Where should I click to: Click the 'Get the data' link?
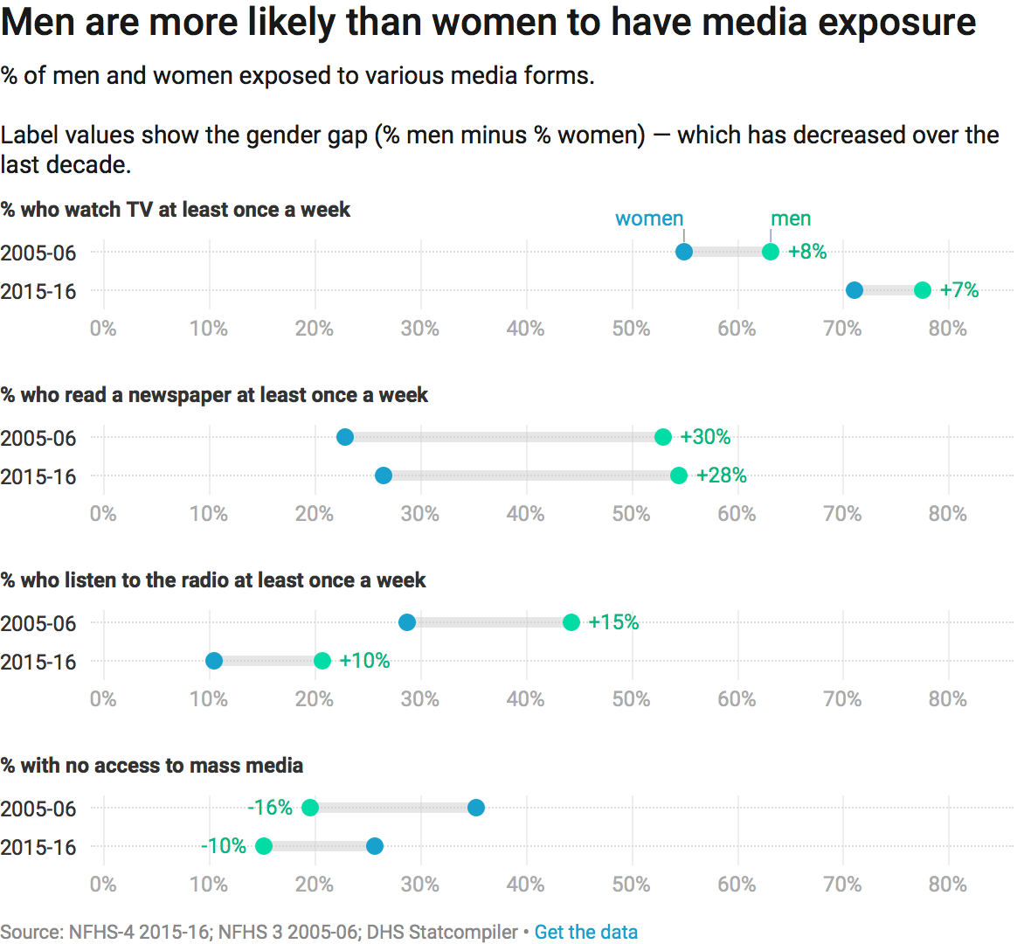(585, 932)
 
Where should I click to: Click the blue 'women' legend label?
(649, 219)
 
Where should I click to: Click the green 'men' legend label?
(791, 219)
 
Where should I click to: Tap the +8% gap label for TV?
(807, 252)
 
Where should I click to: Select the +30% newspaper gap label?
(705, 437)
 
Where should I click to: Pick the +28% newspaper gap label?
(722, 475)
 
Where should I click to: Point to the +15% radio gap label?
(613, 622)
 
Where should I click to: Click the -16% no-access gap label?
(270, 808)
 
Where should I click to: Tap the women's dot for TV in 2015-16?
(855, 290)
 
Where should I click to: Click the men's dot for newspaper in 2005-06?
(663, 437)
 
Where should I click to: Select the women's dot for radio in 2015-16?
(214, 661)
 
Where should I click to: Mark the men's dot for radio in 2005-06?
(571, 622)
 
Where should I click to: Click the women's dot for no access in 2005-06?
(476, 808)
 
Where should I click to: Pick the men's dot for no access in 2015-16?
(264, 846)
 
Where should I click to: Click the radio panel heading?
(213, 580)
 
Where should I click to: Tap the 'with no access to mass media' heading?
(152, 766)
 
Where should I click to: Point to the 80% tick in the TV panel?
(948, 329)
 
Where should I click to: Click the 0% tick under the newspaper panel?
(103, 514)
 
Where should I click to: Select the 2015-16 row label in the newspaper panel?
(38, 476)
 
